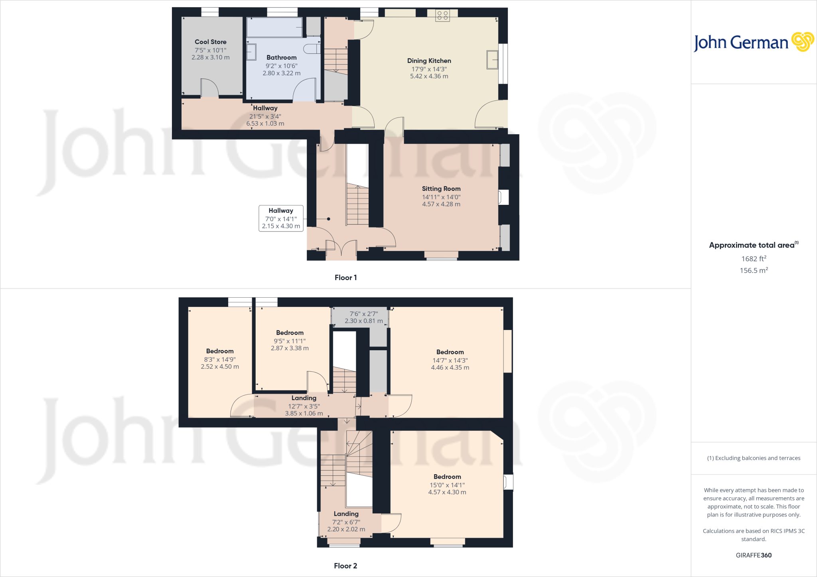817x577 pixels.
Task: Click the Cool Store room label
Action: tap(210, 42)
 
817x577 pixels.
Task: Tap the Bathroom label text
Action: tap(281, 58)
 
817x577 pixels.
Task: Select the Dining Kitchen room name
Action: tap(429, 61)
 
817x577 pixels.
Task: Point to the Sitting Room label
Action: tap(441, 189)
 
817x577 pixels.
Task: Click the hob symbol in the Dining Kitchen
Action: tap(442, 16)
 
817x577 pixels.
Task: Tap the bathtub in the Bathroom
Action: tap(274, 27)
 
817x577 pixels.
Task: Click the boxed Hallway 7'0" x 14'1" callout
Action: tap(281, 218)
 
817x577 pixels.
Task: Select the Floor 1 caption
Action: tap(345, 278)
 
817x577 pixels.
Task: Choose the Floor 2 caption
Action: tap(345, 566)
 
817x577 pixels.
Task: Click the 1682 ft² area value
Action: tap(754, 259)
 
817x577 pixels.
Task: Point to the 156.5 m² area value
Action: tap(754, 271)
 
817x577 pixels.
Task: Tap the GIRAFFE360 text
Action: tap(754, 555)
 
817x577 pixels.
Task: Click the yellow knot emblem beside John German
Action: tap(803, 42)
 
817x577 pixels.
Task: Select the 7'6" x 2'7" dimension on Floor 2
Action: tap(363, 317)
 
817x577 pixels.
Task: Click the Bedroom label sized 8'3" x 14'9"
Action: tap(220, 351)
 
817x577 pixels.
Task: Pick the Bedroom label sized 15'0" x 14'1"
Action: tap(447, 477)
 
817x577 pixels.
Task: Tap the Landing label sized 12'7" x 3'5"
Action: tap(304, 398)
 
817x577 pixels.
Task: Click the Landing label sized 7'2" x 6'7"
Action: tap(346, 514)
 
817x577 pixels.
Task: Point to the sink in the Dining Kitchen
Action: tap(492, 60)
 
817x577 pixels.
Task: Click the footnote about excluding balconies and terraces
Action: tap(754, 458)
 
